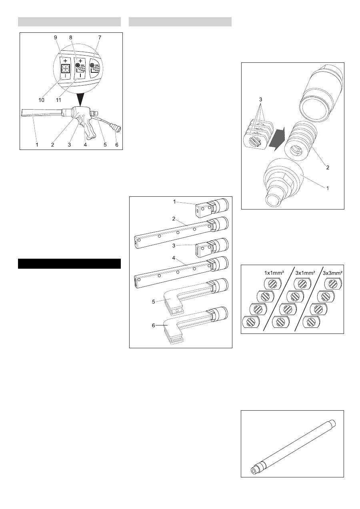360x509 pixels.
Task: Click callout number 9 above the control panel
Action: tap(56, 38)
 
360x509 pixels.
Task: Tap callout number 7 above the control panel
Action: tap(100, 38)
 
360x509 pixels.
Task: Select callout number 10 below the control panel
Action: tap(41, 100)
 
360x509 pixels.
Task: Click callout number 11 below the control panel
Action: tap(58, 100)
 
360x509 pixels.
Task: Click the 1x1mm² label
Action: tap(274, 273)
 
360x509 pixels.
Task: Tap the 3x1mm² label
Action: tap(305, 273)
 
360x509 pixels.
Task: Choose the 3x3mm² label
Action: tap(333, 273)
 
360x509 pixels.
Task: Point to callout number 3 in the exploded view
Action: tap(260, 100)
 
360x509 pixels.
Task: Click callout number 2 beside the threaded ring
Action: tap(328, 168)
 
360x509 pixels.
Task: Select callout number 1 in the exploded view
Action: tap(328, 188)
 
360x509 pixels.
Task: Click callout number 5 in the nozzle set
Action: tap(154, 302)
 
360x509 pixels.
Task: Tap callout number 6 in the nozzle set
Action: tap(154, 325)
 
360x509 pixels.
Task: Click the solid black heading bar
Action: tap(69, 263)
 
